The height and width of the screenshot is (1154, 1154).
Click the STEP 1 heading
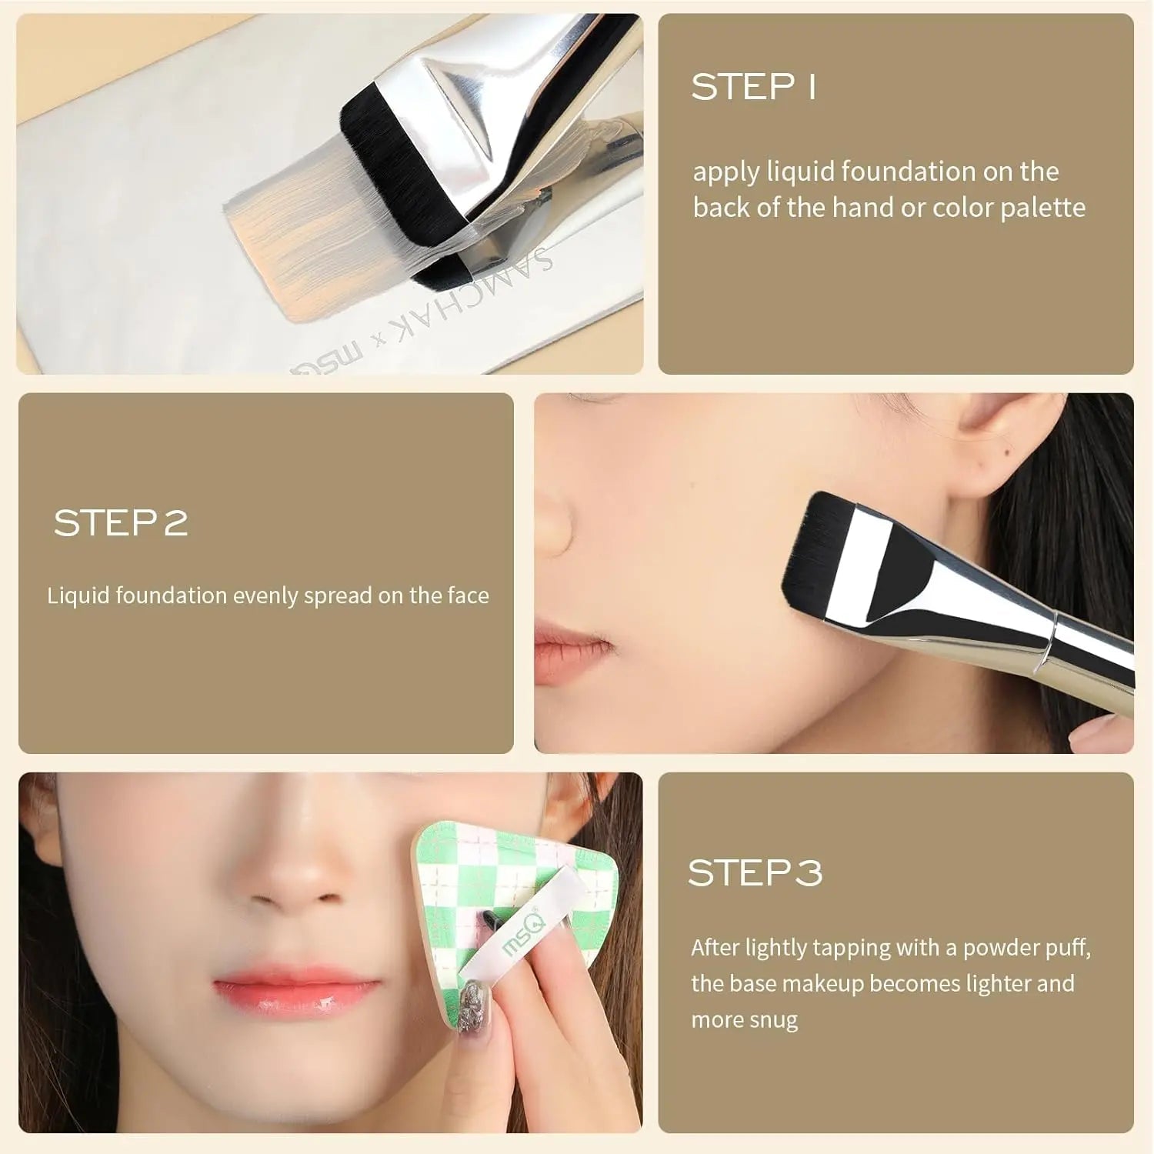pos(753,87)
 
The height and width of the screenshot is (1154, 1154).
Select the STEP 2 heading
pos(121,522)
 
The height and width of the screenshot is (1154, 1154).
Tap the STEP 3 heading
pos(755,872)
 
